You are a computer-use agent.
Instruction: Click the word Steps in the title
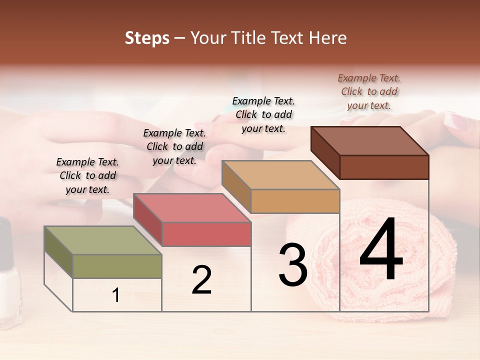click(x=147, y=38)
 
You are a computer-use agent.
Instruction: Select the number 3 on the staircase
click(x=292, y=265)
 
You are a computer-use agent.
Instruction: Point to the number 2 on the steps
click(x=201, y=280)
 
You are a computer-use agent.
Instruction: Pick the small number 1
click(x=116, y=295)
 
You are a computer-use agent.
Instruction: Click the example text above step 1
click(x=87, y=175)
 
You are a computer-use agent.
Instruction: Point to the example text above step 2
click(x=174, y=146)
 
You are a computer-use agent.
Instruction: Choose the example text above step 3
click(x=263, y=114)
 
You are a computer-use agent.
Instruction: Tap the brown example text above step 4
click(x=369, y=91)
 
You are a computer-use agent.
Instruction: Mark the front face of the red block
click(x=206, y=234)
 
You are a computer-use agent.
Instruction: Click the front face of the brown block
click(x=384, y=167)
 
